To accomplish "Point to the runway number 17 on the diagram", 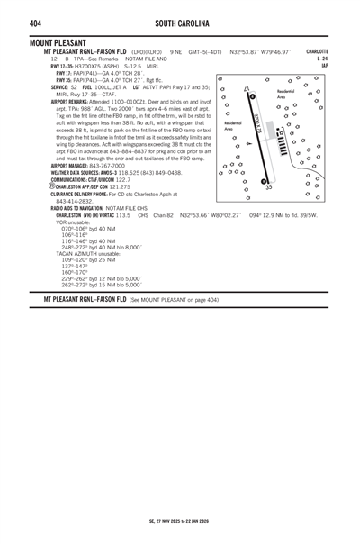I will pyautogui.click(x=247, y=88).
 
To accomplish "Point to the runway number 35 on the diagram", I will pyautogui.click(x=268, y=186).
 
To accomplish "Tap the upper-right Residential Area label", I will pyautogui.click(x=285, y=94).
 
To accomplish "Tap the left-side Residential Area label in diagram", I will pyautogui.click(x=232, y=126).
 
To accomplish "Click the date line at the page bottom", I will pyautogui.click(x=179, y=521).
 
